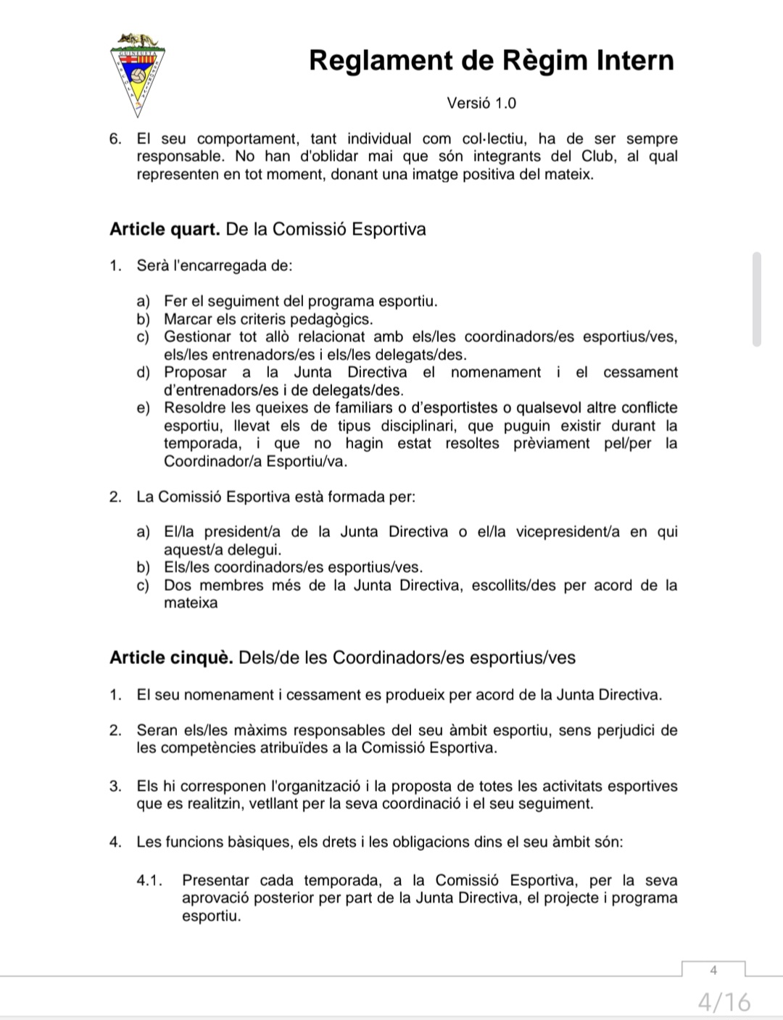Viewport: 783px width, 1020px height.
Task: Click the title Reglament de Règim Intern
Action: [x=491, y=60]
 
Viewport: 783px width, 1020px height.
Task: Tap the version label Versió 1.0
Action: [x=481, y=103]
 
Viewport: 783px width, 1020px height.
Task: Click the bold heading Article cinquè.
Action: [x=171, y=658]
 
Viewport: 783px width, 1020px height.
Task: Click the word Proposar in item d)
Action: [x=195, y=373]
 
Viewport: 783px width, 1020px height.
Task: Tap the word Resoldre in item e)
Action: [x=195, y=408]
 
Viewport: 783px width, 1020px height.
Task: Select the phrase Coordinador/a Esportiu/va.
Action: [x=255, y=461]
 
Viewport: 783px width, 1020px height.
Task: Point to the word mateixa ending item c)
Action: [x=191, y=603]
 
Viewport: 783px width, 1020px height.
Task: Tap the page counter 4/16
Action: [x=724, y=1002]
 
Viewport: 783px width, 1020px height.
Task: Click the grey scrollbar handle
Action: [x=757, y=299]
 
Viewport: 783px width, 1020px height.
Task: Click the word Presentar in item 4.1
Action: [x=215, y=881]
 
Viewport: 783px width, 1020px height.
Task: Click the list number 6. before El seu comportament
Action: [x=115, y=139]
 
